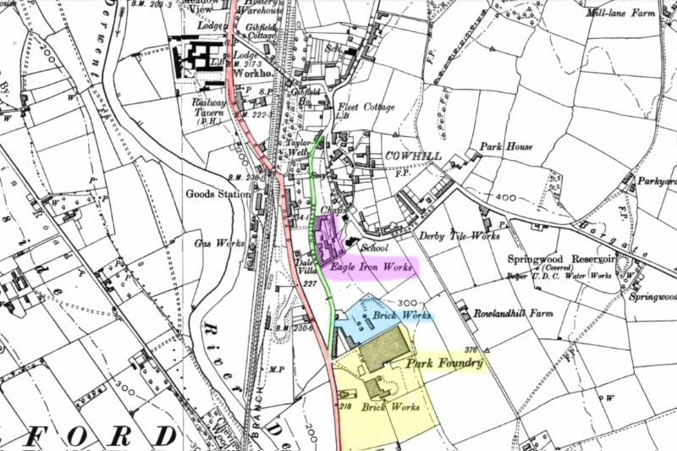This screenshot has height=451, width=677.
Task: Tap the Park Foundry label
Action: (444, 363)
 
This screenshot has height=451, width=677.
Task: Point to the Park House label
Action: (507, 146)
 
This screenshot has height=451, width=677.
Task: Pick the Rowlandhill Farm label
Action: (519, 312)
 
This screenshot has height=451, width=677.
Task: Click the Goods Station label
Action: (218, 194)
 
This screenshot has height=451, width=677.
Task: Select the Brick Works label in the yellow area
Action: (391, 407)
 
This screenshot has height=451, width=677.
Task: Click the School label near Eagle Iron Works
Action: (373, 250)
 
